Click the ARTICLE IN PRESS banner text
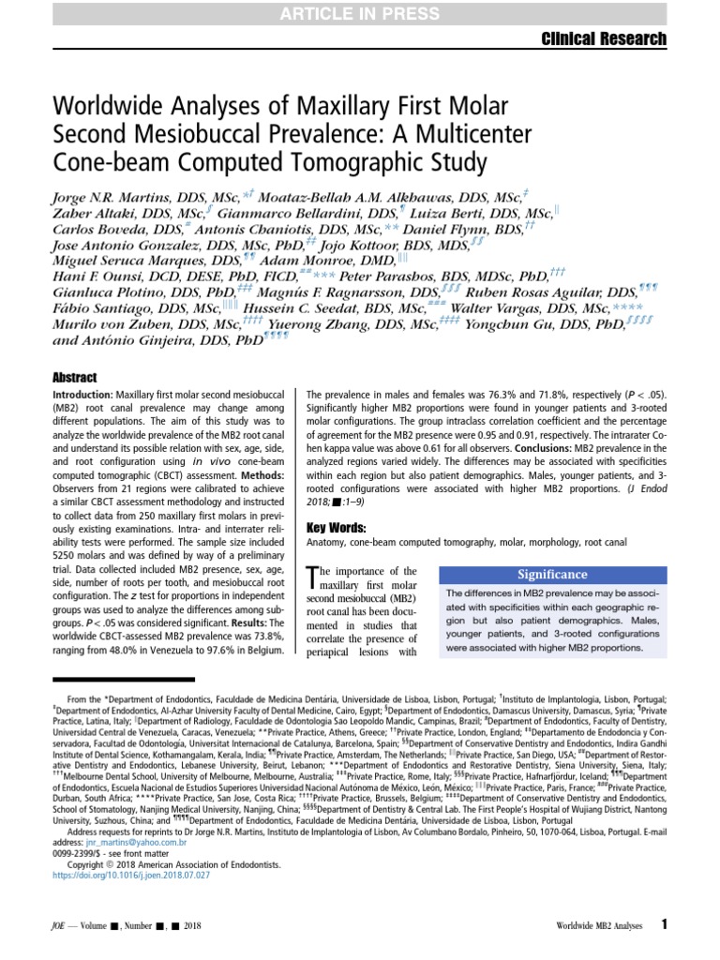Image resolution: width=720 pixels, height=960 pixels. tap(359, 13)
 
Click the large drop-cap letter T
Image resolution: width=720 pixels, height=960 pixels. tap(314, 579)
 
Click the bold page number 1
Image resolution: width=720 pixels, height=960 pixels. tap(664, 924)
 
